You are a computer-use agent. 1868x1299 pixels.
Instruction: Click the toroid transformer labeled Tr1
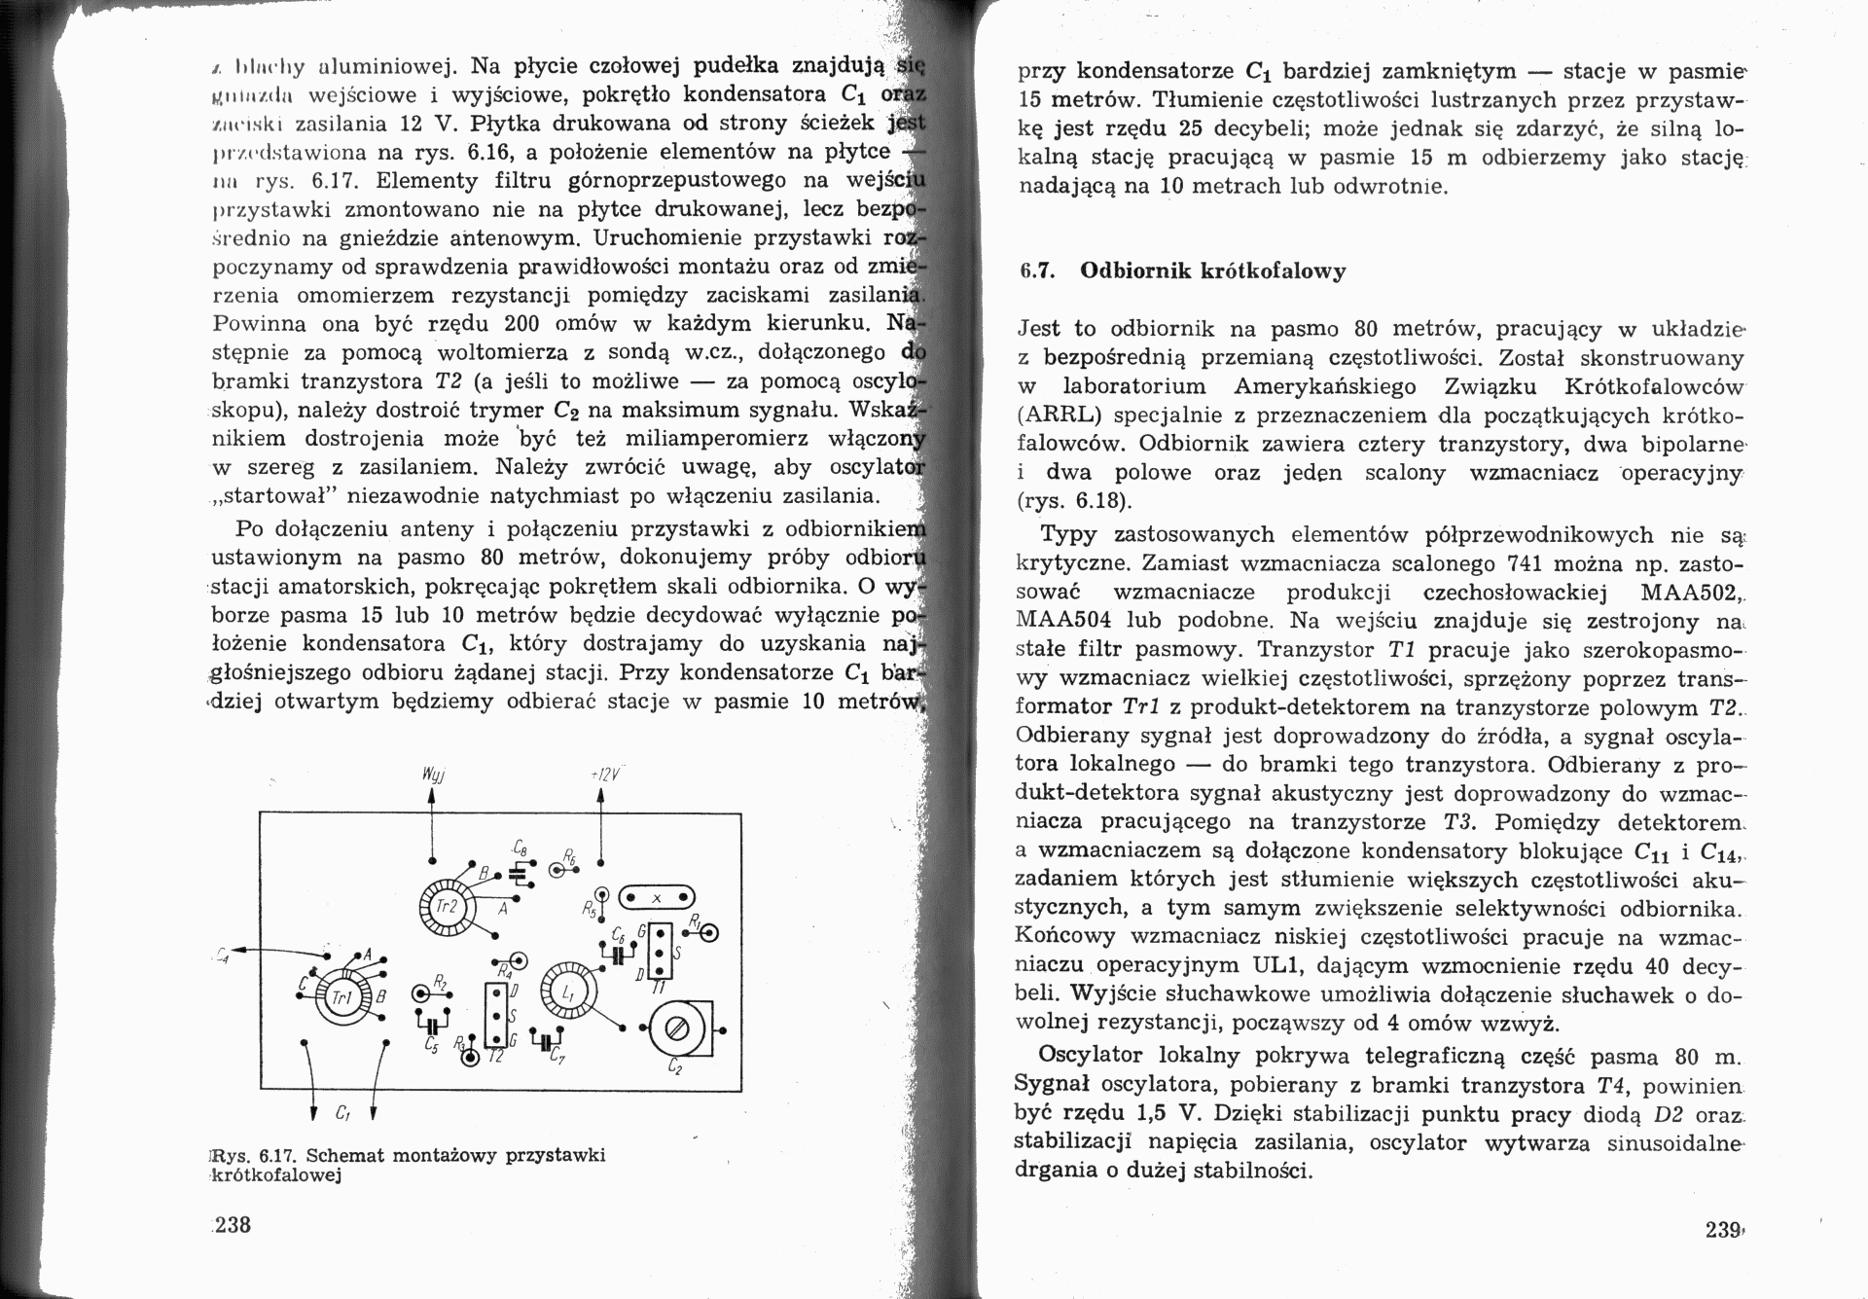coord(341,997)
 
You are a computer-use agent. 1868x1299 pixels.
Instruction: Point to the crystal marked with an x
coord(657,897)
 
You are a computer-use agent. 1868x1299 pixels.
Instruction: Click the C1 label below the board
coord(342,1112)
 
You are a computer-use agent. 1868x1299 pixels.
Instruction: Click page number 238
coord(233,1225)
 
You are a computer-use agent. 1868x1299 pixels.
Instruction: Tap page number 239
coord(1724,1229)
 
